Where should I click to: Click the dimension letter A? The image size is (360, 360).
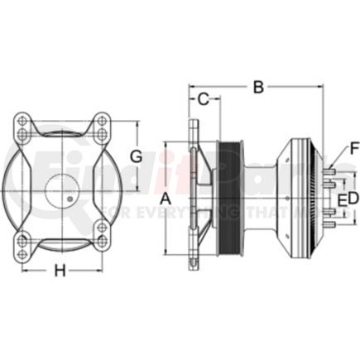[165, 199]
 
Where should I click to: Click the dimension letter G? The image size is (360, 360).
[138, 156]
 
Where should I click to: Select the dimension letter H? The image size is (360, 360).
[60, 270]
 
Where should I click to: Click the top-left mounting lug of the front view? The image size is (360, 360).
[24, 126]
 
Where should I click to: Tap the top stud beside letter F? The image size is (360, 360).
[330, 173]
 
